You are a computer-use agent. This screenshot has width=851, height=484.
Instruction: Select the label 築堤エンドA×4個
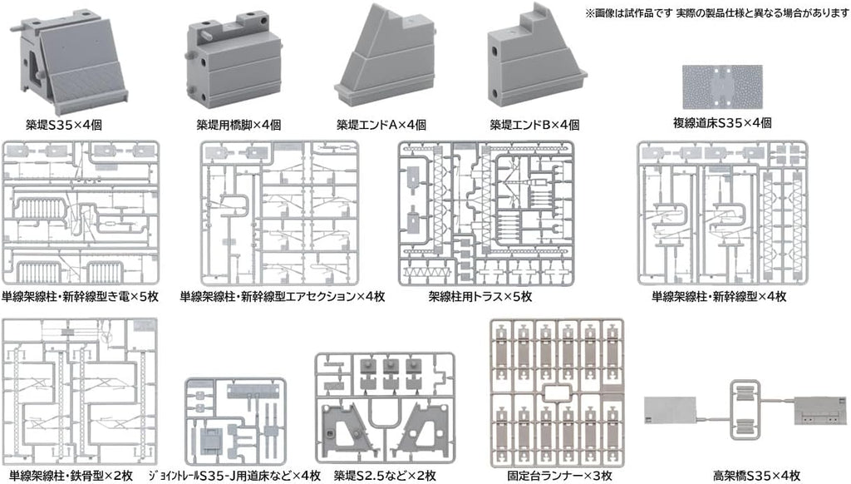tap(381, 126)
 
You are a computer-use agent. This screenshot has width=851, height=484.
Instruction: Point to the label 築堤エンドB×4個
tap(534, 126)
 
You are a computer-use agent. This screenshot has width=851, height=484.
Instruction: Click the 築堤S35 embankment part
tap(71, 62)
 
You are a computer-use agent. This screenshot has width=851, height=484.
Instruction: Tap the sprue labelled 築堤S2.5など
tap(384, 408)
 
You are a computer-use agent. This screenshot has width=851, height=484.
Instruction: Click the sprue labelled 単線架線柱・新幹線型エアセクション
tap(282, 212)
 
